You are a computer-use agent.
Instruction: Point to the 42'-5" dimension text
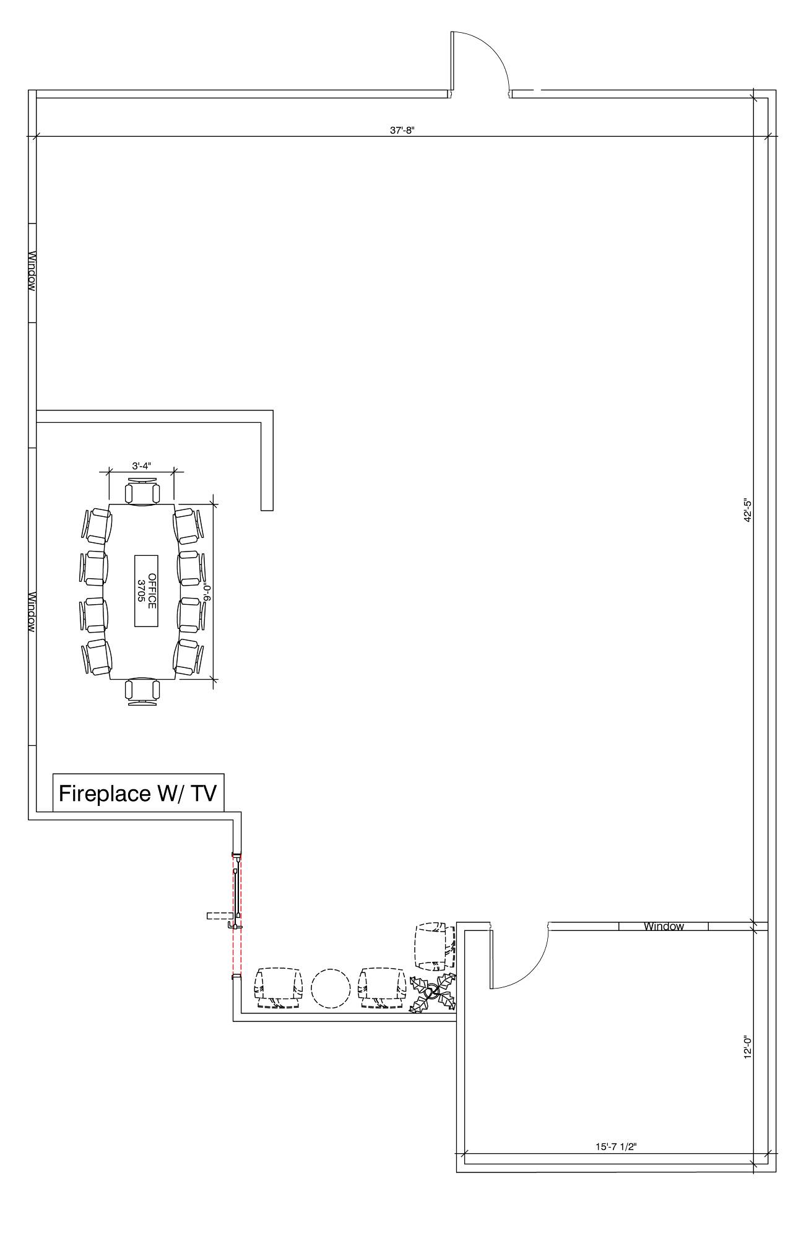[x=748, y=510]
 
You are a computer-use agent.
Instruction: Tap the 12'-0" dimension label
[x=748, y=1047]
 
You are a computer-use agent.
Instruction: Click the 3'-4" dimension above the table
[x=141, y=465]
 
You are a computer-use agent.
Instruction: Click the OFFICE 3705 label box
[x=146, y=591]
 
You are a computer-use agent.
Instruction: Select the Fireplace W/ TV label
[x=138, y=793]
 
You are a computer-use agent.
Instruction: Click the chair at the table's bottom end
[x=142, y=691]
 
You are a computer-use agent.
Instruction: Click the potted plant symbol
[x=433, y=993]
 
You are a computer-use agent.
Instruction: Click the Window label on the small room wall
[x=664, y=927]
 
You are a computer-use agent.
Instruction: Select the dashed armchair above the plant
[x=435, y=946]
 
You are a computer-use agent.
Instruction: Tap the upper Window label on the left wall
[x=32, y=271]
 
